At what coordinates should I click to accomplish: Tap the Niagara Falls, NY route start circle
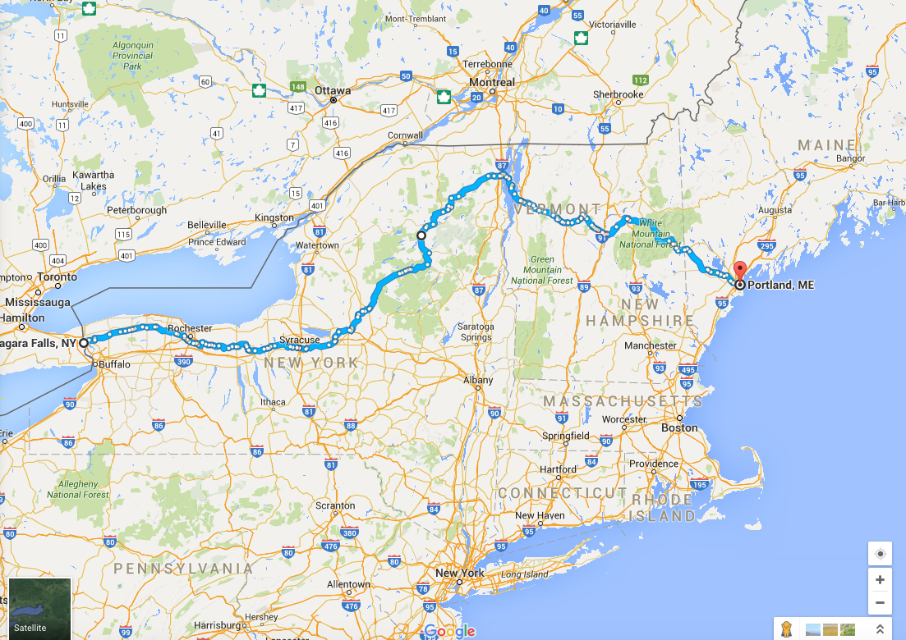click(x=84, y=343)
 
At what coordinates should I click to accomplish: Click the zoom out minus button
click(x=880, y=602)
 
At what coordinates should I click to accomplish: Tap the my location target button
click(x=880, y=554)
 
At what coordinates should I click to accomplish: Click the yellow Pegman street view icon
click(x=786, y=629)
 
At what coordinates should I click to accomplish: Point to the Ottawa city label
click(x=332, y=90)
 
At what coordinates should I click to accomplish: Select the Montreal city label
click(x=492, y=82)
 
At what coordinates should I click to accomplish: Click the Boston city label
click(x=679, y=427)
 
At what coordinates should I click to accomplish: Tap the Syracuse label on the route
click(x=299, y=340)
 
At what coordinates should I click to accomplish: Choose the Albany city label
click(x=478, y=380)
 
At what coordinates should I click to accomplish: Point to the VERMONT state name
click(x=560, y=209)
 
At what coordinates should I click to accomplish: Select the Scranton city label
click(x=336, y=505)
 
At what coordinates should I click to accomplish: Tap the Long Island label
click(x=524, y=574)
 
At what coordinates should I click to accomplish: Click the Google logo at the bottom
click(x=450, y=630)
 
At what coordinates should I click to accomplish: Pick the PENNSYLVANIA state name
click(x=183, y=568)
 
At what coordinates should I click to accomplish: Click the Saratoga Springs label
click(x=476, y=331)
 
